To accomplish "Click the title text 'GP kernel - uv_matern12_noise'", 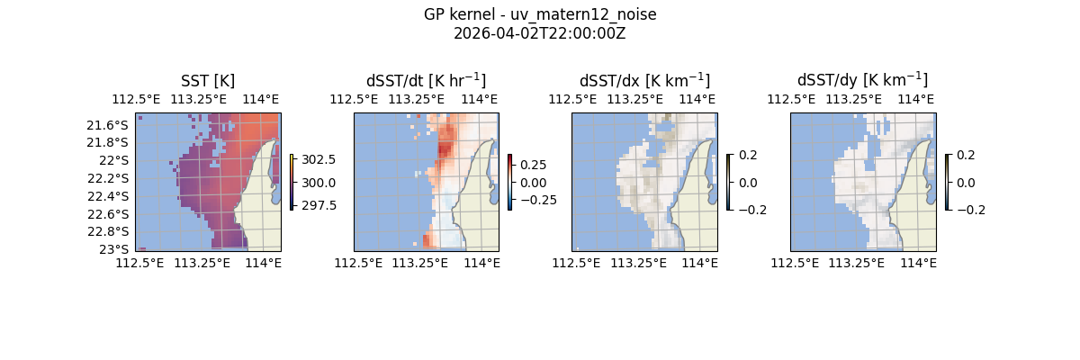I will pos(540,15).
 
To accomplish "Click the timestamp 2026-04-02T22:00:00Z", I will pos(540,33).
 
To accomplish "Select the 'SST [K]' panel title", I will pos(208,80).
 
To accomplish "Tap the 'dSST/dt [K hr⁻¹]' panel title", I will pos(426,80).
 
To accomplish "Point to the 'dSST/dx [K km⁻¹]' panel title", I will pos(644,80).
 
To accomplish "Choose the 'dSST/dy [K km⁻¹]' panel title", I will pos(862,80).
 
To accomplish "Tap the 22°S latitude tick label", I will pos(113,160).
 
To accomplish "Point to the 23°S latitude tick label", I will pos(113,249).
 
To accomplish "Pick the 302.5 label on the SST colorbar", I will pos(318,159).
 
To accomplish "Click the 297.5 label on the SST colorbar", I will pos(318,204).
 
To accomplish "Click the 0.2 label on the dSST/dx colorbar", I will pos(748,155).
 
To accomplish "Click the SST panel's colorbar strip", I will pos(292,182).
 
